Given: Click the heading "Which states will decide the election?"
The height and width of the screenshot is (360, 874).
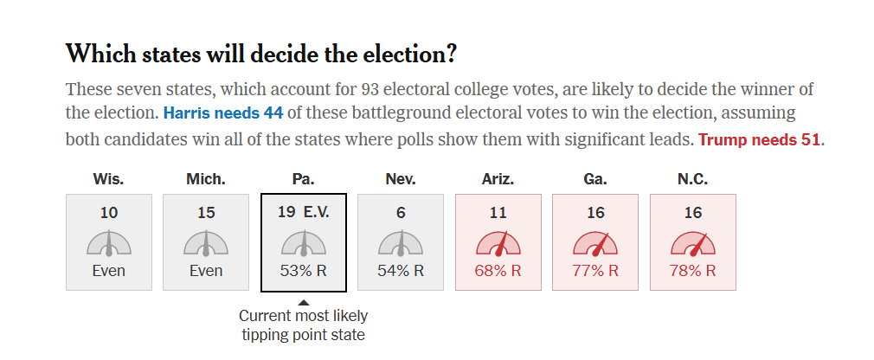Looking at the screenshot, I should [260, 54].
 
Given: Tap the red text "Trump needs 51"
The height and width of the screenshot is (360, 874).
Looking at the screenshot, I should [760, 139].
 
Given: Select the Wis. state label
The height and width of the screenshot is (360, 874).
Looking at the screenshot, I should [108, 179].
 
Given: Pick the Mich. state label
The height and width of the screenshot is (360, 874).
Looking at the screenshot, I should [206, 179].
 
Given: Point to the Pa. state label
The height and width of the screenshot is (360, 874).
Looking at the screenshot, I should [303, 179].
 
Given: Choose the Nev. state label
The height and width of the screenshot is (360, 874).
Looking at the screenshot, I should [400, 179].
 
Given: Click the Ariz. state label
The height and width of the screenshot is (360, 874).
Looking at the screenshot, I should [498, 179].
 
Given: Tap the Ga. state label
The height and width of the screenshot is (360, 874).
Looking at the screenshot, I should [595, 179].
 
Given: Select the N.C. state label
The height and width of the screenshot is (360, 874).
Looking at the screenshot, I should [692, 179].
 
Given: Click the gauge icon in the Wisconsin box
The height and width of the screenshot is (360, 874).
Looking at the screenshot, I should [109, 243].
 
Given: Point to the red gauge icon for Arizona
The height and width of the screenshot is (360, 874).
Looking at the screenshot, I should [498, 243].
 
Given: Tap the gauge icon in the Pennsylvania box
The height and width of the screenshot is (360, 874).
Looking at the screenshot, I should [304, 243].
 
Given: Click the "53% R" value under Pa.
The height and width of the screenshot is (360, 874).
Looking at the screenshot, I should [303, 270].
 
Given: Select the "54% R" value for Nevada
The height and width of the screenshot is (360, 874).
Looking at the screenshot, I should [401, 270].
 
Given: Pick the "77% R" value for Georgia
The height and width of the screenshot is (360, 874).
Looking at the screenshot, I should [595, 270].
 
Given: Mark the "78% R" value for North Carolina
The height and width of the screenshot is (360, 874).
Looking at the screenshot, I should [692, 270].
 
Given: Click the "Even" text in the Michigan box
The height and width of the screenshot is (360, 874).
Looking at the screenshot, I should [206, 270].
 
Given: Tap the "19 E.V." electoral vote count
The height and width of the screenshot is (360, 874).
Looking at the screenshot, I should [303, 212].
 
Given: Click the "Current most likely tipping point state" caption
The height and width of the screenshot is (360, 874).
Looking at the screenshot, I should [303, 325].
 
